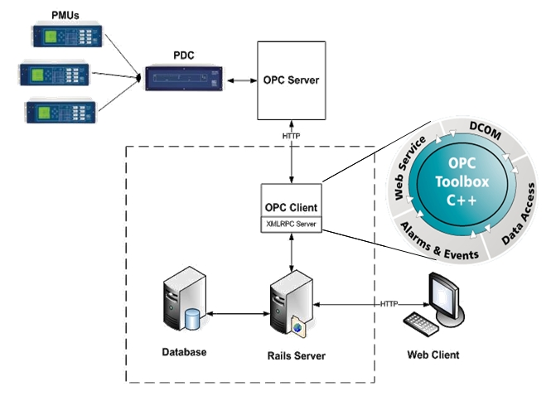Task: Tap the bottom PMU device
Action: coord(60,111)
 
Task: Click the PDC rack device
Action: coord(183,80)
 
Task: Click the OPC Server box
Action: coord(291,80)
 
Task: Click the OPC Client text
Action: coord(291,207)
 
